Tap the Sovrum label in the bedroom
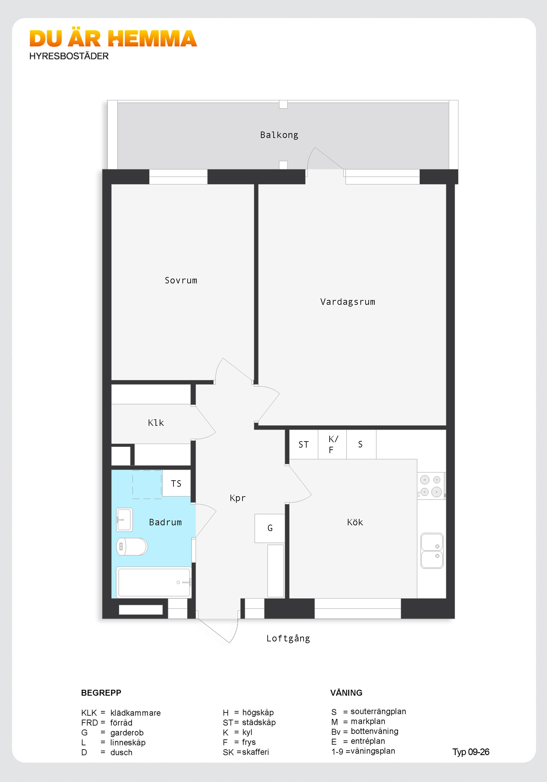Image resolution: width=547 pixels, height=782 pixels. pos(181,280)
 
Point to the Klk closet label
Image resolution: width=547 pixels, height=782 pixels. pos(156,423)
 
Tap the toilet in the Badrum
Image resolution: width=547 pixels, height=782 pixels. pos(132,546)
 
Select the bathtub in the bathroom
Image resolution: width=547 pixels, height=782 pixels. pos(154,582)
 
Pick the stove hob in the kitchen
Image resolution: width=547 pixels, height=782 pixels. pos(431,486)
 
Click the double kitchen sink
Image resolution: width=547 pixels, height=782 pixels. pos(432,550)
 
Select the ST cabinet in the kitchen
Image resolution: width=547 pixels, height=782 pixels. pos(304,445)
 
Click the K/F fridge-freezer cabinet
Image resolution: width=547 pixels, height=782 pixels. pos(332,445)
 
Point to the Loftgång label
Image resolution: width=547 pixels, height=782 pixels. pos(288,639)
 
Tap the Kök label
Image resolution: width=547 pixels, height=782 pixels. pos(355,522)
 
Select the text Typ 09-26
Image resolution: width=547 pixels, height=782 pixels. pos(471,752)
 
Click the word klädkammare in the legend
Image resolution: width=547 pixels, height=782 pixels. pos(135,713)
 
